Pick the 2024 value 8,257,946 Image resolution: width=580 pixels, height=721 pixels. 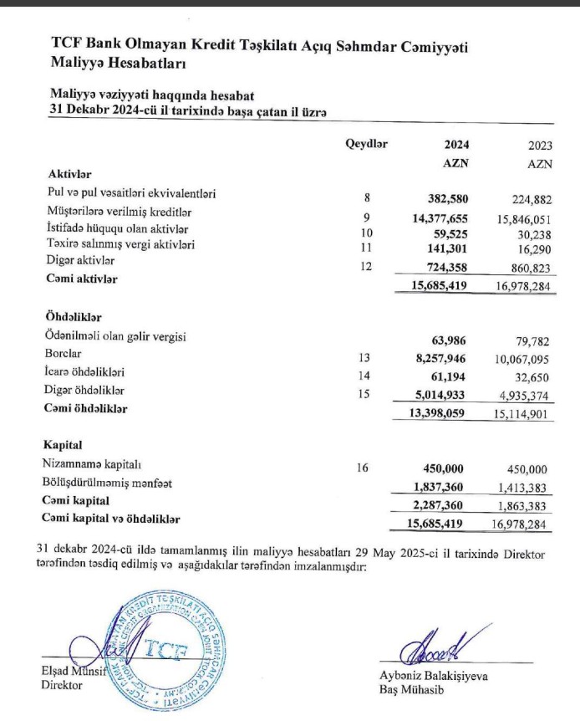coord(437,357)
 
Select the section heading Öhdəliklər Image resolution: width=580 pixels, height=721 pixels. coord(76,317)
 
